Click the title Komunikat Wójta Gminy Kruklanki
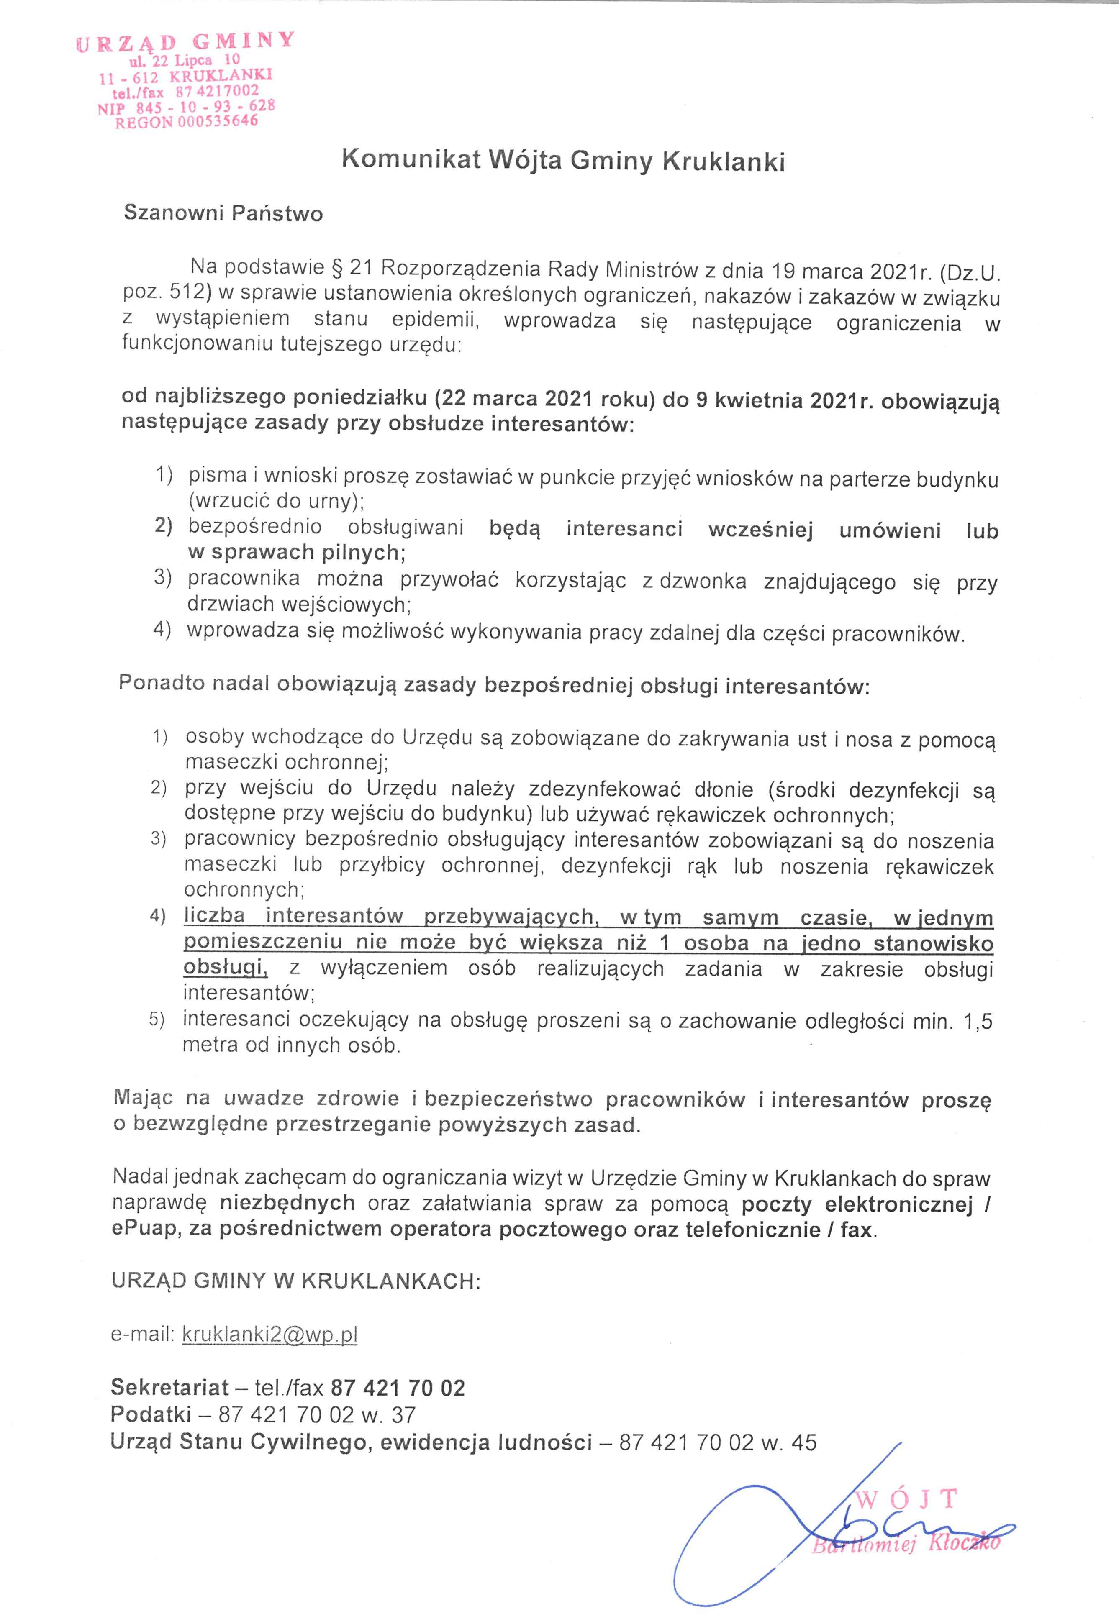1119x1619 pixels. [x=563, y=161]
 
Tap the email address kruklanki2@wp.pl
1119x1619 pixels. [x=270, y=1334]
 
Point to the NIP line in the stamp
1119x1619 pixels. [x=186, y=107]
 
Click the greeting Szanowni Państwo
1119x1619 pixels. [x=223, y=213]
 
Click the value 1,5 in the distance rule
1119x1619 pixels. [x=978, y=1021]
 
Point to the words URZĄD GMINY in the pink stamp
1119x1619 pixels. [x=185, y=43]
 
